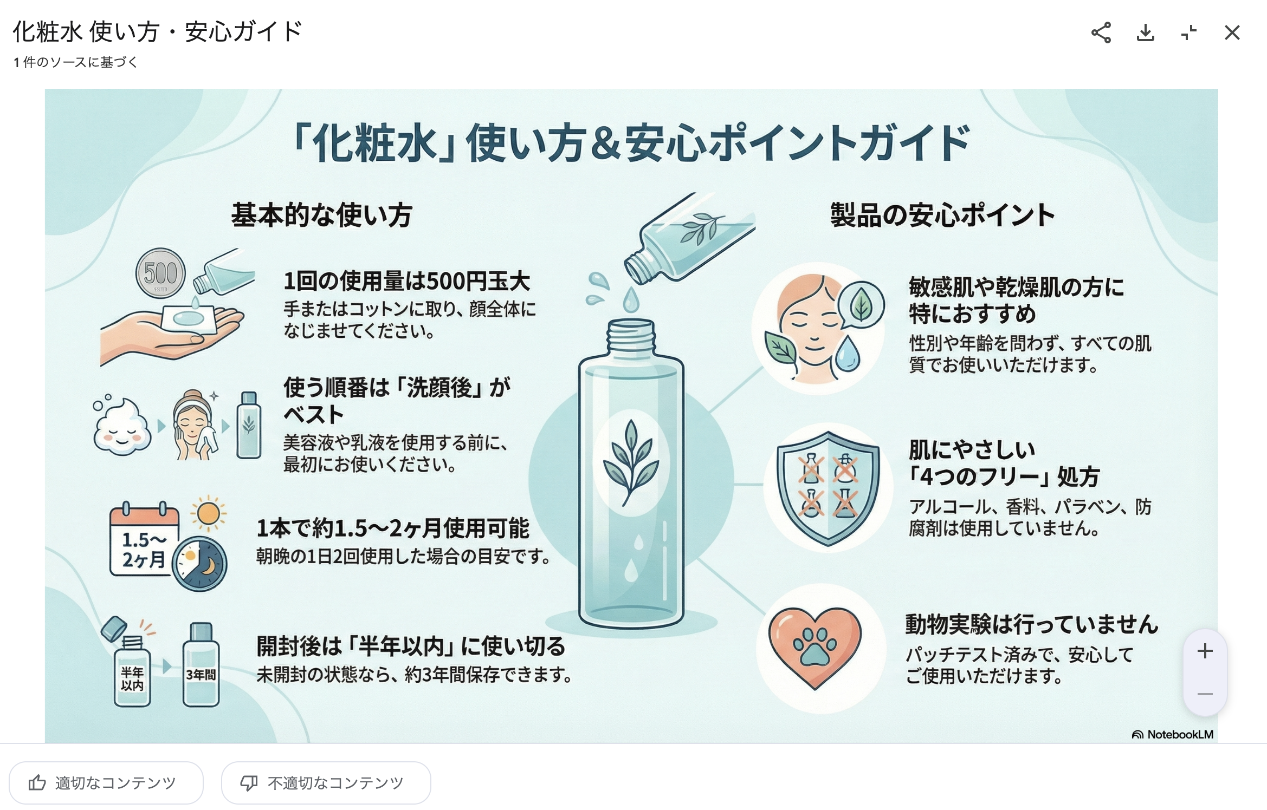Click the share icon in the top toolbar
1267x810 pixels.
(x=1101, y=33)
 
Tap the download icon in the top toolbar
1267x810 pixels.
(x=1145, y=33)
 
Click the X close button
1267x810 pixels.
(x=1232, y=33)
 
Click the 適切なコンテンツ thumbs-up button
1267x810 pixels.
(x=106, y=782)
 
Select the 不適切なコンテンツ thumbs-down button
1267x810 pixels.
(x=326, y=782)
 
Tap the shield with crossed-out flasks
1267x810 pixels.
(x=828, y=488)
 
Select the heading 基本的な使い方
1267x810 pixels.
(x=322, y=215)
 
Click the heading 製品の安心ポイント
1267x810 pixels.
(x=942, y=215)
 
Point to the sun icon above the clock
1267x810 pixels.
(x=208, y=513)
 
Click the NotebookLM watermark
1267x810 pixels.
(x=1172, y=734)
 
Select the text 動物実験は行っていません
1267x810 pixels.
(x=1032, y=624)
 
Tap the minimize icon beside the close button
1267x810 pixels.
(x=1189, y=33)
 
